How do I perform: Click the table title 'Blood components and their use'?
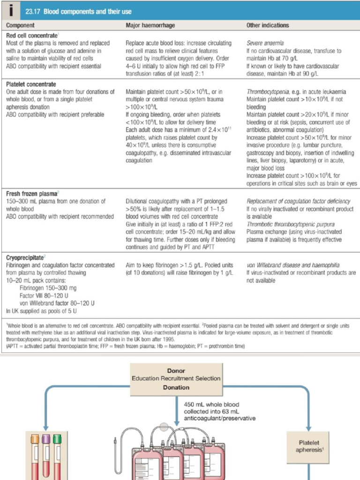[x=88, y=11]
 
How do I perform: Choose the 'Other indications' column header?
[x=268, y=25]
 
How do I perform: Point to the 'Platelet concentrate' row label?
[x=30, y=84]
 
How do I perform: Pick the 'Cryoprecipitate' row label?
[x=25, y=257]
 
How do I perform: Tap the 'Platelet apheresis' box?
[x=309, y=446]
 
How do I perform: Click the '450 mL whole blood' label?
[x=212, y=405]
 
